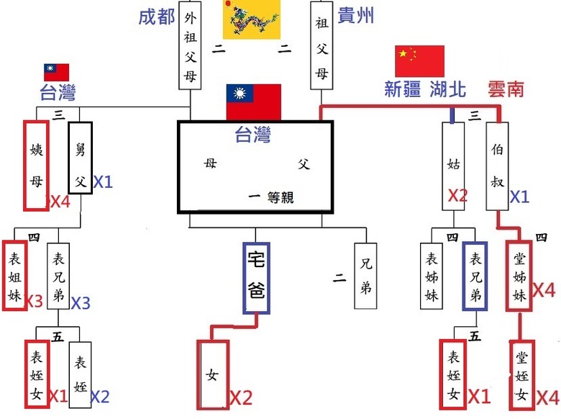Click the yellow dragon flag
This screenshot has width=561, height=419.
click(252, 19)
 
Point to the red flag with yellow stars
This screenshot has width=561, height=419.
click(420, 61)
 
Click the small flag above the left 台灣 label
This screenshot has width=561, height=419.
click(57, 72)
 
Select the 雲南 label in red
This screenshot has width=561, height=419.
click(506, 89)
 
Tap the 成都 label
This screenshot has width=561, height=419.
click(157, 17)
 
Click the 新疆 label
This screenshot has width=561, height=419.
click(403, 89)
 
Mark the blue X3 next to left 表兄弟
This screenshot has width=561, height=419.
click(81, 303)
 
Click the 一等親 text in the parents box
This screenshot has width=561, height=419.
click(271, 197)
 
